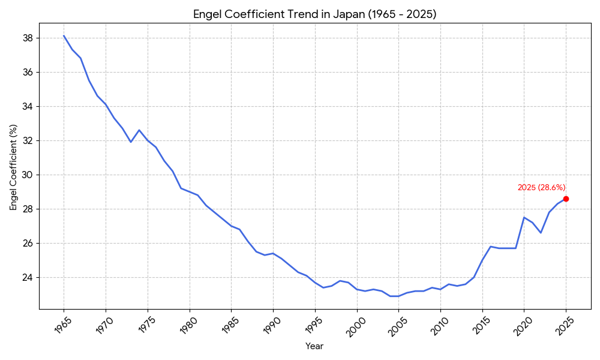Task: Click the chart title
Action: coord(314,14)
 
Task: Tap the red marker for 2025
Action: coord(566,199)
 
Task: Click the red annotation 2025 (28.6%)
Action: coord(541,188)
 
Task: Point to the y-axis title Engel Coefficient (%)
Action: coord(13,167)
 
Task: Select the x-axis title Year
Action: coord(314,346)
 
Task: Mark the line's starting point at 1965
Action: coord(64,35)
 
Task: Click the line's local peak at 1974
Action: coord(139,130)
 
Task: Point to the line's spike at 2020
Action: coord(524,217)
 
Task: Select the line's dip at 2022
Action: coord(541,233)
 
